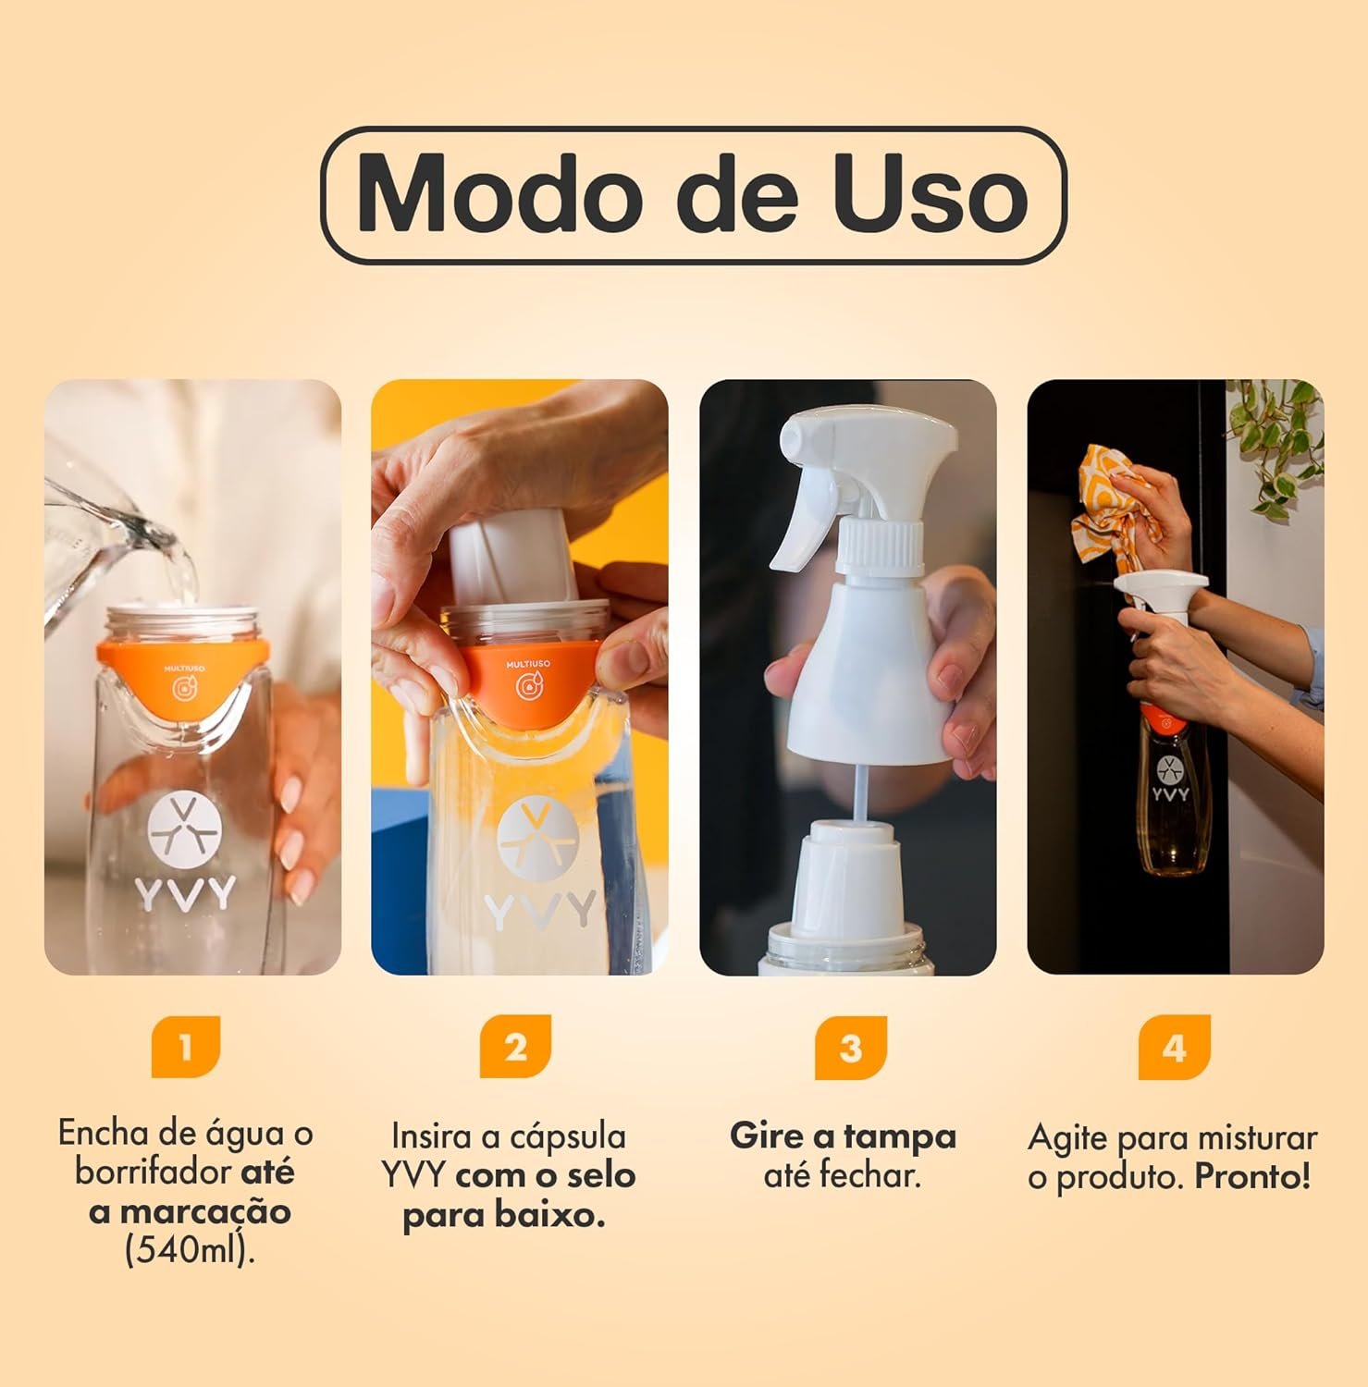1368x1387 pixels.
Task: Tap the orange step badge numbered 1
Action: click(x=186, y=1047)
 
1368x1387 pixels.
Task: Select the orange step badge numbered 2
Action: click(x=515, y=1047)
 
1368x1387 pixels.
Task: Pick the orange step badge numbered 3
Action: click(x=850, y=1047)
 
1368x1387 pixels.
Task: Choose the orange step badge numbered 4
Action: click(x=1174, y=1047)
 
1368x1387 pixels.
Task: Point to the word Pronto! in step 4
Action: click(x=1252, y=1177)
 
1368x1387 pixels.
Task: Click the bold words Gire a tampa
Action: click(x=843, y=1135)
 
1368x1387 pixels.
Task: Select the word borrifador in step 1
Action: click(x=155, y=1172)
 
